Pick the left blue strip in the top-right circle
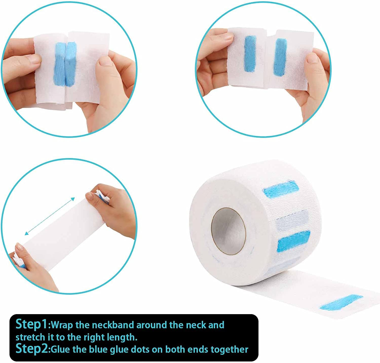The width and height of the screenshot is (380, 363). click(x=250, y=54)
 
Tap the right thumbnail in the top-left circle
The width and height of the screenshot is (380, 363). click(x=104, y=62)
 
